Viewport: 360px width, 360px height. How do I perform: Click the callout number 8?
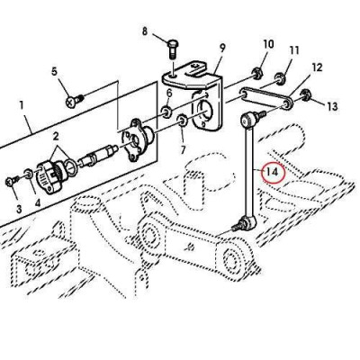pos(145,31)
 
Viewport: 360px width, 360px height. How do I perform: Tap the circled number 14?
pos(273,173)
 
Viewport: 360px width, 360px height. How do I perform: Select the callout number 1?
pos(22,106)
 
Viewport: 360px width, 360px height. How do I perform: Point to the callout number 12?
pos(317,67)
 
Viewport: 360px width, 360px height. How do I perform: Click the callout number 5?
pos(54,72)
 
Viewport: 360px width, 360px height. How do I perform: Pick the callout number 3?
pos(19,209)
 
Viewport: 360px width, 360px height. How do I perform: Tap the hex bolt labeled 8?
pos(172,49)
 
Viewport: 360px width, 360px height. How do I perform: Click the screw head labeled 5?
pos(71,103)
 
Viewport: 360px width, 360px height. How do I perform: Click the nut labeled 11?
pos(281,79)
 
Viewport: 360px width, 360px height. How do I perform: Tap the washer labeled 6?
pos(166,112)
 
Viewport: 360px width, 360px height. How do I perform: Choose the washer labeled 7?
pos(183,121)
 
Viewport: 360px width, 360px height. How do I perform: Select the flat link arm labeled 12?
pos(266,98)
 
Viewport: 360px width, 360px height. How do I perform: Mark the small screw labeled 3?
pos(12,181)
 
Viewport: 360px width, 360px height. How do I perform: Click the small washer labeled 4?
pos(29,173)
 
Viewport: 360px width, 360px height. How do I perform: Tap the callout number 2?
pos(56,137)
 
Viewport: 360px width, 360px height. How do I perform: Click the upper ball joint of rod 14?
pos(247,118)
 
